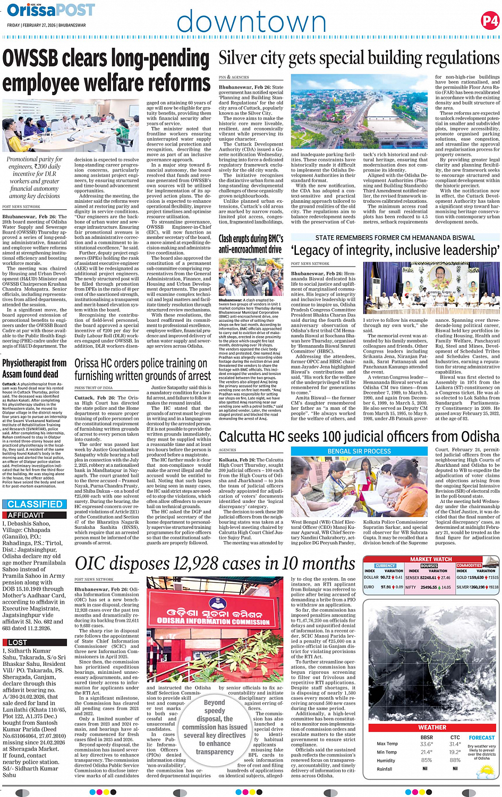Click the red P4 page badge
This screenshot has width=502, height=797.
click(x=490, y=21)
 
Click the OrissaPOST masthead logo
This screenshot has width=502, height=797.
click(x=51, y=10)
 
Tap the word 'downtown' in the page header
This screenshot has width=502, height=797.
click(x=251, y=23)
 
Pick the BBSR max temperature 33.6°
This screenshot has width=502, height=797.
click(x=426, y=744)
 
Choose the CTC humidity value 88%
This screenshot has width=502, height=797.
click(x=455, y=760)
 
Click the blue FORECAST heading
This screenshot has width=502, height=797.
click(x=481, y=737)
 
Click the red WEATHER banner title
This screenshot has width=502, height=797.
click(x=432, y=727)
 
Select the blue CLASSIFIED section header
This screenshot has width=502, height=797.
click(x=35, y=504)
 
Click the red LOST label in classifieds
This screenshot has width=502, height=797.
click(x=18, y=642)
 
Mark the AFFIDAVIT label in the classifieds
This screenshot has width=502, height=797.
click(x=26, y=515)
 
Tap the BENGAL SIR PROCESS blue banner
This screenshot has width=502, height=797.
click(x=359, y=451)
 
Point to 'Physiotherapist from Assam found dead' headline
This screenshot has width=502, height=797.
click(x=35, y=368)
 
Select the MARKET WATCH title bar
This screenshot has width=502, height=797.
click(x=431, y=559)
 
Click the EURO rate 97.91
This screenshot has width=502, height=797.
click(x=386, y=587)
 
